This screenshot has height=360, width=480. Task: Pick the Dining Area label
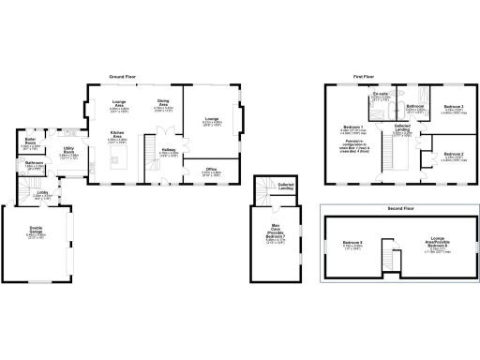pos(163,103)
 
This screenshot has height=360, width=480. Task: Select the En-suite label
pos(381,95)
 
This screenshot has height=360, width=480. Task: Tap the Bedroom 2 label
pos(454,154)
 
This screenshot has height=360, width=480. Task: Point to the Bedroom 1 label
pos(352,126)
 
